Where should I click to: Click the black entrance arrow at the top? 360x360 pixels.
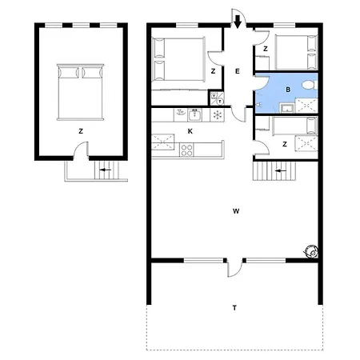[x=238, y=22]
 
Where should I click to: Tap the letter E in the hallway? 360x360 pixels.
[x=238, y=71]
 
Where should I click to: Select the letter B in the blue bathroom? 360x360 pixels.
[x=288, y=90]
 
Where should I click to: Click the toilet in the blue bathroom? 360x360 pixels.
[x=310, y=85]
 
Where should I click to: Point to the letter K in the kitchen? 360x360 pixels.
[x=190, y=131]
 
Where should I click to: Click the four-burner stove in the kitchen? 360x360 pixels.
[x=186, y=150]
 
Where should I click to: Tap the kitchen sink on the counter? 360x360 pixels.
[x=194, y=115]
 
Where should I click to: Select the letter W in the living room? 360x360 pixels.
[x=236, y=211]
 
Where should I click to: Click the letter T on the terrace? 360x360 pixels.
[x=234, y=308]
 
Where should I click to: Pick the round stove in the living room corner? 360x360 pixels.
[x=311, y=251]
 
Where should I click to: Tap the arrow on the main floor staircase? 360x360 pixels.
[x=281, y=170]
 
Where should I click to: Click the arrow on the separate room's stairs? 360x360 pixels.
[x=106, y=170]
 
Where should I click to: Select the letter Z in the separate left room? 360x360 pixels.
[x=81, y=131]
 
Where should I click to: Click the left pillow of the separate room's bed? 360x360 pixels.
[x=69, y=73]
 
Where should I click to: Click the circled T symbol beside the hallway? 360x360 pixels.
[x=220, y=102]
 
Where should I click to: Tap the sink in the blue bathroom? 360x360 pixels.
[x=287, y=108]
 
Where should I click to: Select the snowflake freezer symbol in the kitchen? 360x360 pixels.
[x=218, y=115]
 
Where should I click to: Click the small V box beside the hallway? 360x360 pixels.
[x=214, y=95]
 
